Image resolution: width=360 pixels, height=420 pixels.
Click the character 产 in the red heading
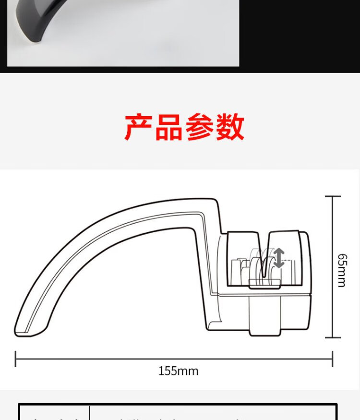click(x=139, y=127)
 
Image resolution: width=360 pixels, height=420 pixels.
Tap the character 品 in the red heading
click(x=169, y=127)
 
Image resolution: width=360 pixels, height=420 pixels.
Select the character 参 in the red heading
click(x=200, y=127)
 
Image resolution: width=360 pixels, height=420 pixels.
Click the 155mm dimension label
click(x=178, y=371)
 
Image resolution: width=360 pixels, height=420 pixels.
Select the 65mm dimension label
click(x=341, y=270)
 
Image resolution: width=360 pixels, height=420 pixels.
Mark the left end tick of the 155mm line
click(x=16, y=359)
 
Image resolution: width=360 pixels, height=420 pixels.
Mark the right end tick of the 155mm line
click(x=333, y=359)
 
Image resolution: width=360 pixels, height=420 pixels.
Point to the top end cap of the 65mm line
click(x=333, y=196)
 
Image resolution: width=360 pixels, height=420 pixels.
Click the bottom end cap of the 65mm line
click(x=333, y=337)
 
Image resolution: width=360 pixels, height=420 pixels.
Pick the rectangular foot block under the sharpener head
click(x=265, y=314)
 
